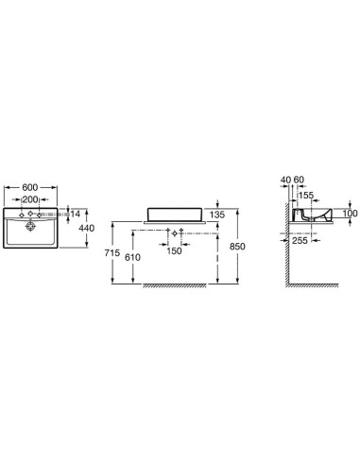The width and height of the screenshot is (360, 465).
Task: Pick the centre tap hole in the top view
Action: click(32, 216)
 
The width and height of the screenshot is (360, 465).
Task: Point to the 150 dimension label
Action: click(175, 250)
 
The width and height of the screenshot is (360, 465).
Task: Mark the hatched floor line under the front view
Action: click(180, 284)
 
